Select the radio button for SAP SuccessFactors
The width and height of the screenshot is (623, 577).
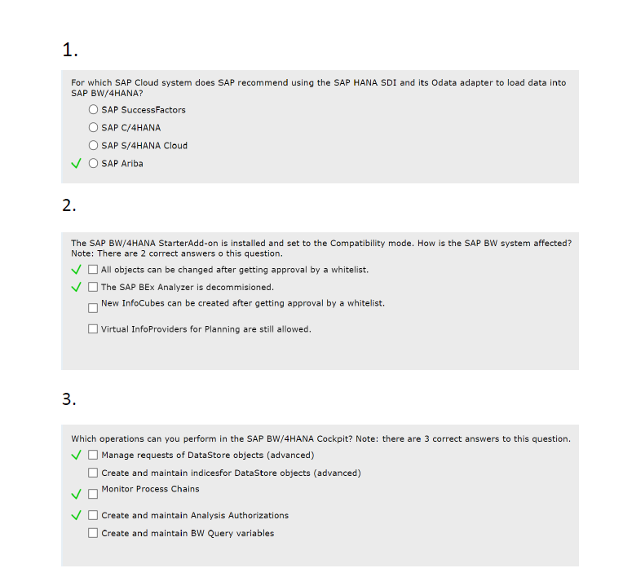[x=94, y=110]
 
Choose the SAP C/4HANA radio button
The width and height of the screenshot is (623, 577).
[x=94, y=128]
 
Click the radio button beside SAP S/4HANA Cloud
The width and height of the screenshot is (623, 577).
[x=94, y=146]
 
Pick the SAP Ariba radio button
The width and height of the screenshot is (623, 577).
[x=94, y=164]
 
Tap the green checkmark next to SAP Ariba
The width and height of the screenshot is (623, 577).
[x=76, y=164]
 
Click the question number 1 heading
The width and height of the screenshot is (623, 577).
[x=69, y=51]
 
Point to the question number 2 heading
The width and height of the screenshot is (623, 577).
[x=69, y=205]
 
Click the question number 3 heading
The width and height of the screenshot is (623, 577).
[x=69, y=399]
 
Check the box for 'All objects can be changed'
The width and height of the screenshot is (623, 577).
[x=94, y=270]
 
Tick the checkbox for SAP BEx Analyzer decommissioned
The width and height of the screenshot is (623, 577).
[x=94, y=288]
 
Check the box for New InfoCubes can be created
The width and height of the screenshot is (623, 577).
[x=94, y=308]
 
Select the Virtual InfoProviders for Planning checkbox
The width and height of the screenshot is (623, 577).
[x=94, y=329]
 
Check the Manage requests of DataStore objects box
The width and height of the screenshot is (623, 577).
[x=94, y=456]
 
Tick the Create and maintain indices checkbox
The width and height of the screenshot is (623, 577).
[x=94, y=473]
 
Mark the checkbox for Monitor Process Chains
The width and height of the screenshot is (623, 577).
[x=94, y=494]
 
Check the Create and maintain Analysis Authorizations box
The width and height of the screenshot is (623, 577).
[x=94, y=515]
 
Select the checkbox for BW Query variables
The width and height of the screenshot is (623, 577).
[x=94, y=533]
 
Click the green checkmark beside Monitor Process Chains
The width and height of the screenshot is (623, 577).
[x=76, y=494]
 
